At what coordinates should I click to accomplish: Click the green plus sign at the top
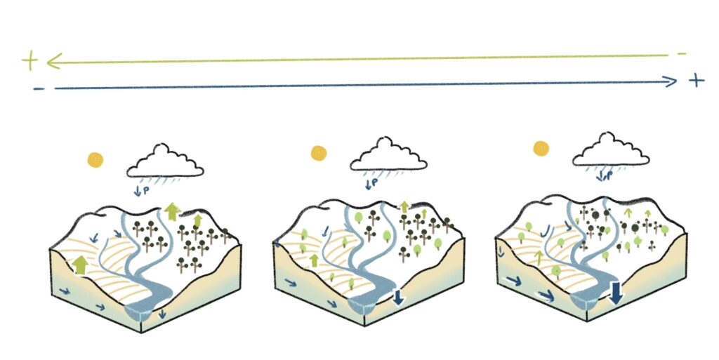(x=29, y=62)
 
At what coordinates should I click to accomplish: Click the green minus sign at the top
(x=681, y=54)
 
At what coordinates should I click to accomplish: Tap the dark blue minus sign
(x=38, y=88)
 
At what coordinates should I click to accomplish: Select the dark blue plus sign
(x=696, y=80)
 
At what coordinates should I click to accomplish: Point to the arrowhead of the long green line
(x=51, y=62)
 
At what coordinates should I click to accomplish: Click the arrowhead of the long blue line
(x=673, y=81)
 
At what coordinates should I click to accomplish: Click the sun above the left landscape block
(x=95, y=159)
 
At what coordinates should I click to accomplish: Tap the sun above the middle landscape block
(x=319, y=152)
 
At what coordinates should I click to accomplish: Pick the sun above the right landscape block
(x=541, y=148)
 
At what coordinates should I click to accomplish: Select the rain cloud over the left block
(x=165, y=161)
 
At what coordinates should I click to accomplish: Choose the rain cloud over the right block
(x=612, y=150)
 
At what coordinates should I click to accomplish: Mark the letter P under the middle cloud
(x=375, y=184)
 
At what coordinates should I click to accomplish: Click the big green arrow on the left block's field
(x=80, y=265)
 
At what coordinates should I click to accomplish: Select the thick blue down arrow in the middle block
(x=398, y=297)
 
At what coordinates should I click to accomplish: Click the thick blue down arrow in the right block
(x=615, y=293)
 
